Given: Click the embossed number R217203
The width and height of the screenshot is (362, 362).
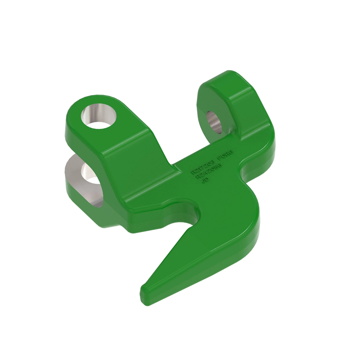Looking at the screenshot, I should (203, 166).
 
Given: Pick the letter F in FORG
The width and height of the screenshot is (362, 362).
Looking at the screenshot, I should (219, 158).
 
